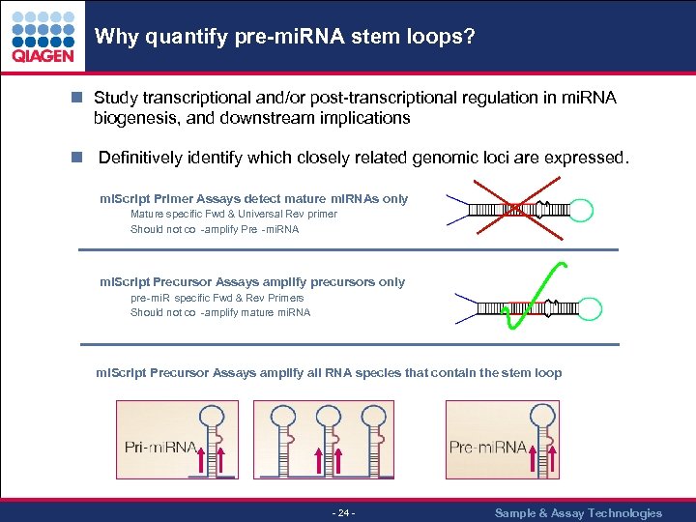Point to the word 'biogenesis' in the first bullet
(x=131, y=118)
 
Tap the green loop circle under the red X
(x=515, y=208)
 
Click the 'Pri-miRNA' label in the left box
(x=160, y=447)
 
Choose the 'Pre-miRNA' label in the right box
(x=487, y=447)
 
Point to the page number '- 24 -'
(x=344, y=512)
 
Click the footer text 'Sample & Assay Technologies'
(x=578, y=512)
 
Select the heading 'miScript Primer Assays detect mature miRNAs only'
(x=254, y=198)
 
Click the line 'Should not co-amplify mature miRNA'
(x=220, y=312)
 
